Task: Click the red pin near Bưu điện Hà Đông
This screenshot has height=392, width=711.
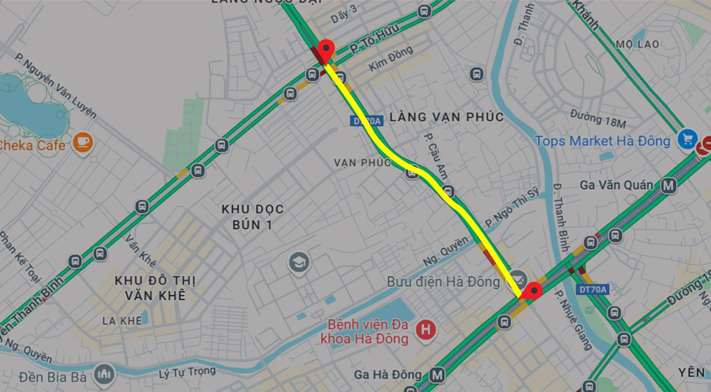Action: (x=535, y=291)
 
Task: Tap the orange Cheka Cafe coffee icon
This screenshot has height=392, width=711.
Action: (x=82, y=142)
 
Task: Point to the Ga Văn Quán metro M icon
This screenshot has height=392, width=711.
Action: (x=669, y=185)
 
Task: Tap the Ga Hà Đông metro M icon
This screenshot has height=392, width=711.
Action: (x=436, y=375)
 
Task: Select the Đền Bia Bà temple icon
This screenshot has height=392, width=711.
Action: (x=105, y=375)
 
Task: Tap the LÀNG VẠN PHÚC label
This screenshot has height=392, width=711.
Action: (x=447, y=117)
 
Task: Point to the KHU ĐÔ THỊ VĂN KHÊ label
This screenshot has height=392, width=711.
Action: (x=155, y=288)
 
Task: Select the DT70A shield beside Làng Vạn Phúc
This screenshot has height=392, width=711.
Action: (x=366, y=121)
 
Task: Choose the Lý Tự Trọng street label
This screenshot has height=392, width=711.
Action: (x=187, y=373)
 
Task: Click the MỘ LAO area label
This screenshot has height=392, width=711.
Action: (x=637, y=45)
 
